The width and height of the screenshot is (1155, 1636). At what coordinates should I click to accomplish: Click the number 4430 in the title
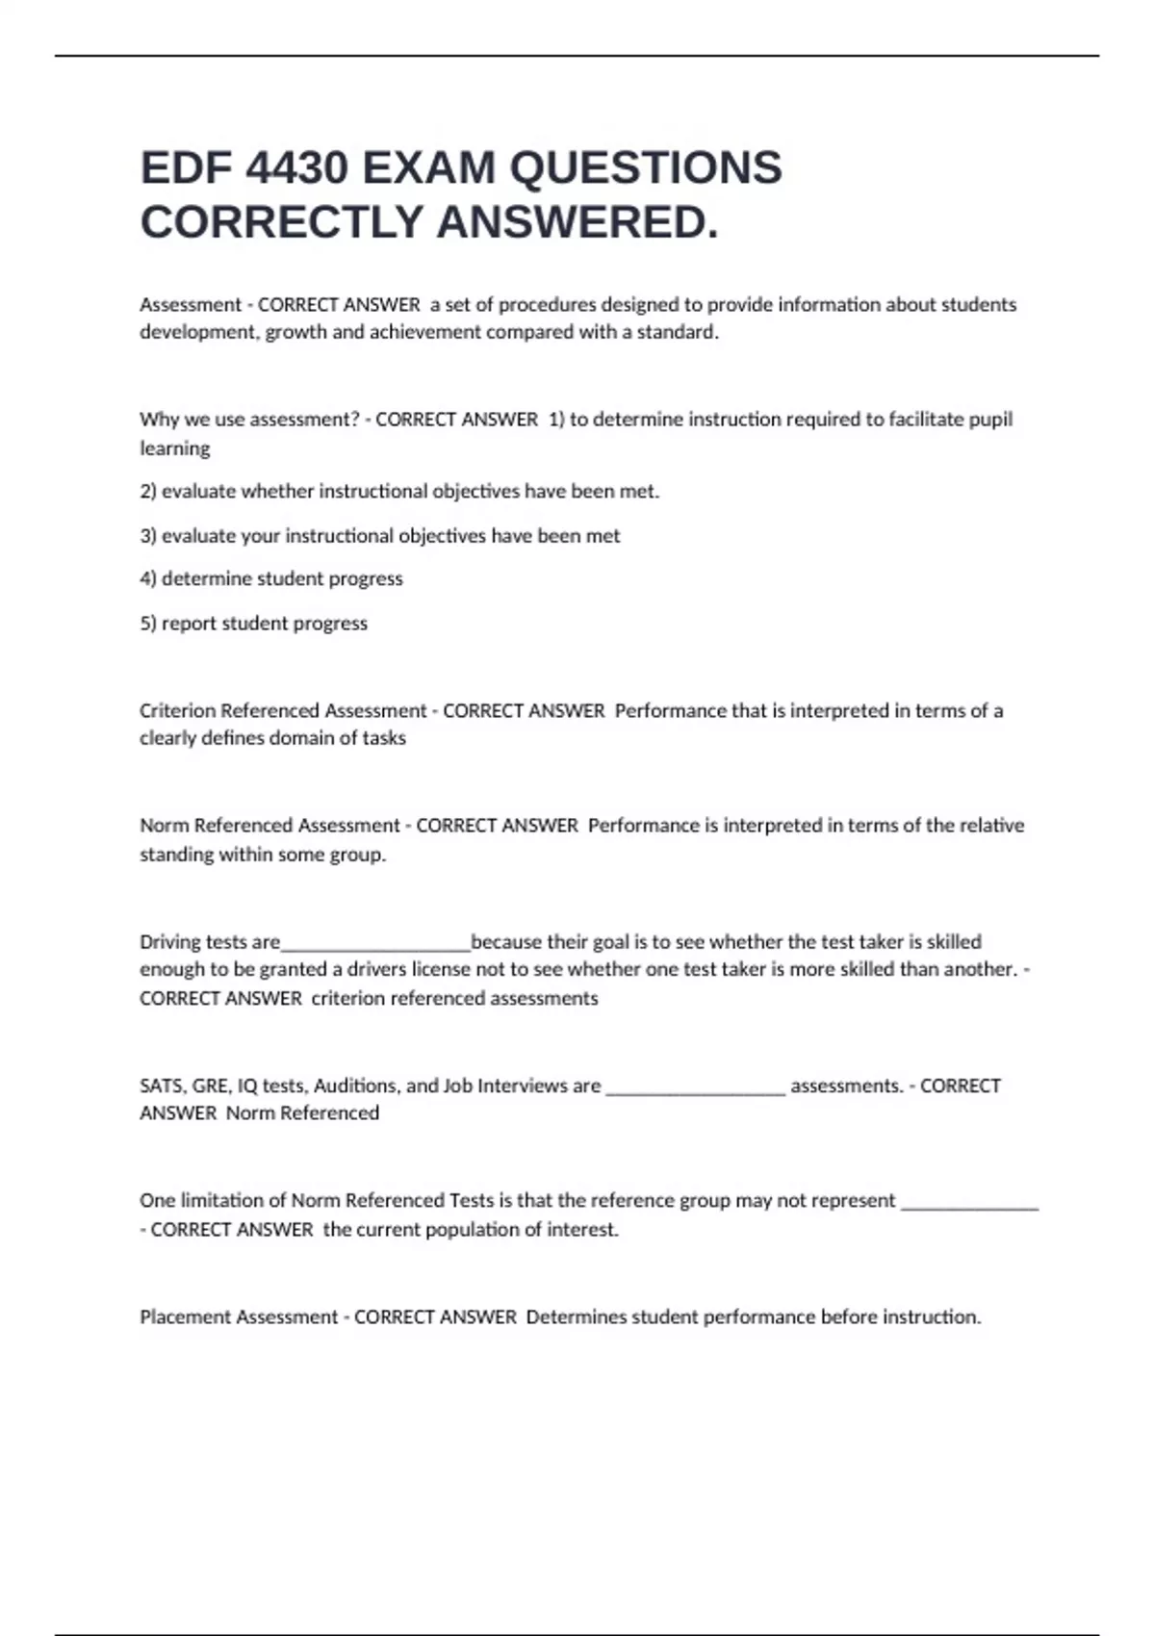coord(296,168)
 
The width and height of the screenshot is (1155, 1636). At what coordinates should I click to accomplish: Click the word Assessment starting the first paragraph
coord(191,305)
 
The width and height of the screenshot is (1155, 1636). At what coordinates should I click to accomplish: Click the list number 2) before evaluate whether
coord(148,492)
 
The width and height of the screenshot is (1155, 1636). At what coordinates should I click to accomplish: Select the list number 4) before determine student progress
coord(148,579)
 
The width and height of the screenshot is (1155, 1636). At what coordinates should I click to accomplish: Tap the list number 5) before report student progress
coord(148,624)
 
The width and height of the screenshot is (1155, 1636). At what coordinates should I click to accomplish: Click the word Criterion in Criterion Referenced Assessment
coord(177,711)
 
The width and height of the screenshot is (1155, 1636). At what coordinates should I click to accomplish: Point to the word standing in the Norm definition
coord(176,855)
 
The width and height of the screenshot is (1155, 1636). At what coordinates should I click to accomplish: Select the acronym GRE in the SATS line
coord(210,1086)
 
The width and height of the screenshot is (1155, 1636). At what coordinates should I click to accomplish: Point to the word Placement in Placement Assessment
coord(186,1317)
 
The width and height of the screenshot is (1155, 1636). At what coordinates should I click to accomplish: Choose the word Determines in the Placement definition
coord(575,1317)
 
